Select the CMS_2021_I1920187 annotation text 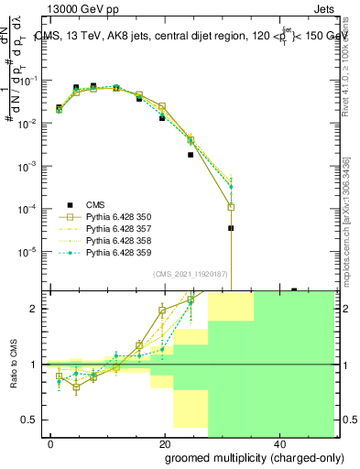tap(191, 274)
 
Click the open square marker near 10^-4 tap(231, 207)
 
